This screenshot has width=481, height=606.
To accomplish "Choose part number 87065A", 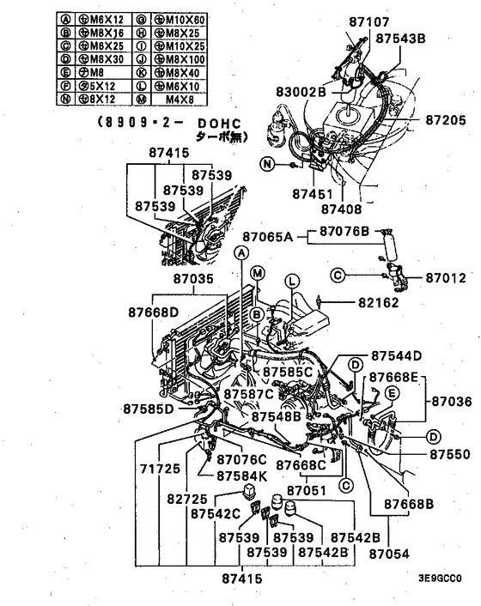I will pyautogui.click(x=271, y=234).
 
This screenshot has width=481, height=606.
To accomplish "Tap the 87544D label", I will pyautogui.click(x=397, y=355).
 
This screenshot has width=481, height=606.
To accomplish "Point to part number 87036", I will pyautogui.click(x=452, y=400).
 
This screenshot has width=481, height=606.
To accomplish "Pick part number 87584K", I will pyautogui.click(x=243, y=475).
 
